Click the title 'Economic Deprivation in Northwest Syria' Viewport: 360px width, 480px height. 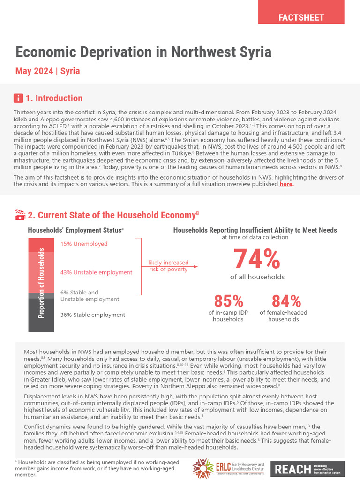click(x=143, y=52)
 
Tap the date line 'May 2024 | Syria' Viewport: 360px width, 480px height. click(x=47, y=71)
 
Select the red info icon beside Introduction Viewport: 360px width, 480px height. click(x=18, y=98)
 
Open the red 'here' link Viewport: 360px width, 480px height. click(x=285, y=185)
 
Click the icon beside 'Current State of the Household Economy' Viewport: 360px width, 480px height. click(x=20, y=215)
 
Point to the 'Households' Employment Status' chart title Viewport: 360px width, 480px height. click(x=75, y=230)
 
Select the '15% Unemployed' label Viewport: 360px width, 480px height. click(x=84, y=244)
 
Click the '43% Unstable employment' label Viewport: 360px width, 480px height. click(x=96, y=272)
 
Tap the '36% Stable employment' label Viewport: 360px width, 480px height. click(x=93, y=315)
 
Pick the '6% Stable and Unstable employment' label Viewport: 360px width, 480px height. click(x=90, y=296)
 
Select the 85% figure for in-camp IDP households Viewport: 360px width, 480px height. click(x=228, y=300)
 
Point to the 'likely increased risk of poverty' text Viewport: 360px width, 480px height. click(x=168, y=266)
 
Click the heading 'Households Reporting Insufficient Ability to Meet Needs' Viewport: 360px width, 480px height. click(x=255, y=230)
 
